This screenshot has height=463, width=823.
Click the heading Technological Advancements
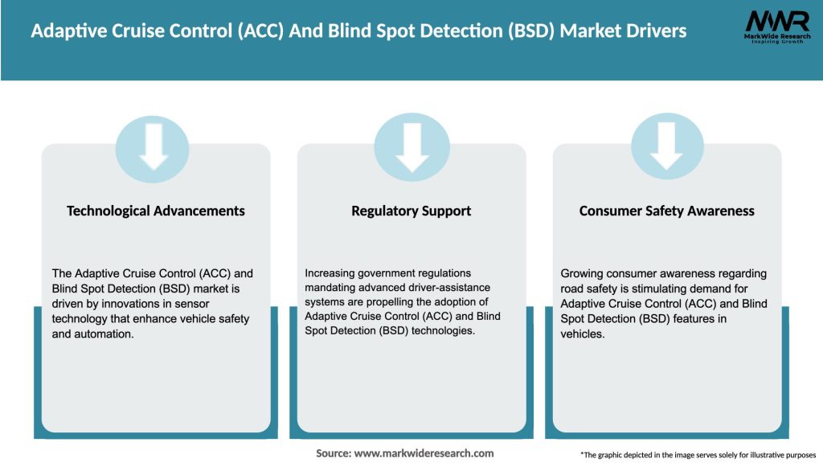click(156, 211)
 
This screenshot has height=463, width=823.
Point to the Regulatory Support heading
click(411, 211)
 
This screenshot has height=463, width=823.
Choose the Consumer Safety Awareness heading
click(666, 211)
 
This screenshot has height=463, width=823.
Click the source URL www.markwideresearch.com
click(424, 453)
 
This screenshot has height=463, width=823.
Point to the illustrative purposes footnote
click(698, 455)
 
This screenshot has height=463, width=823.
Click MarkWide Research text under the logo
click(776, 37)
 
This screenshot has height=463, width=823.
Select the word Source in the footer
click(333, 453)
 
